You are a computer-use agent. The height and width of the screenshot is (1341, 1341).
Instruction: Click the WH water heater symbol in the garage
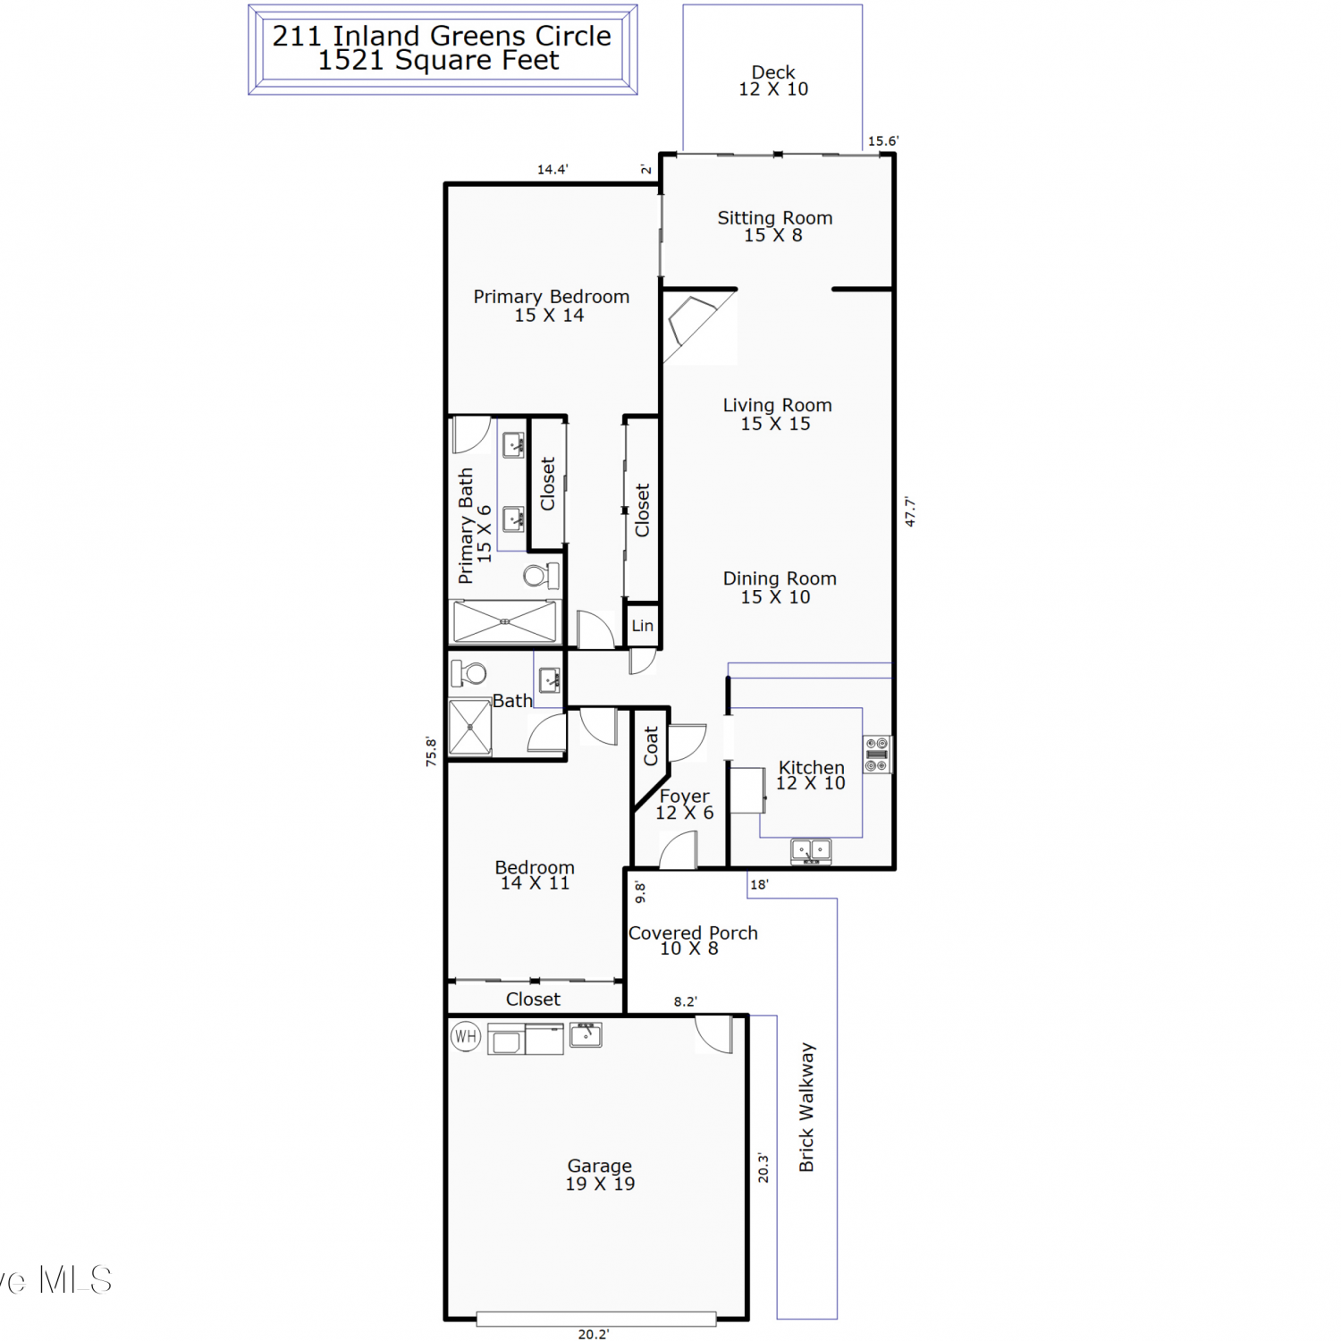tap(466, 1036)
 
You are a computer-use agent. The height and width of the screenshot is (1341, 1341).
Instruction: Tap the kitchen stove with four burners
tap(877, 755)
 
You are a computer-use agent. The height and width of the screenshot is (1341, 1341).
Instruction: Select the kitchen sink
tap(811, 851)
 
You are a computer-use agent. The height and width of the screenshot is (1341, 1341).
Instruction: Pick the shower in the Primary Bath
tap(505, 621)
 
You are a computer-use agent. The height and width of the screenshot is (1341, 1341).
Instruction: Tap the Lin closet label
tap(643, 626)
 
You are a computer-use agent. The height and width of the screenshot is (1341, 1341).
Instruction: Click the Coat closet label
tap(651, 746)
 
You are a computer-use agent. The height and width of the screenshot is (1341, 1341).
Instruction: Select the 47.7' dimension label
tap(910, 511)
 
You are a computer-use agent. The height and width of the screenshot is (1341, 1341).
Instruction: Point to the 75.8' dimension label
tap(431, 751)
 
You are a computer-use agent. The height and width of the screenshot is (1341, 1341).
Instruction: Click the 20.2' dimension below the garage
tap(594, 1334)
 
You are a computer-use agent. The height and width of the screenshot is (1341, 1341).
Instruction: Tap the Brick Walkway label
tap(806, 1107)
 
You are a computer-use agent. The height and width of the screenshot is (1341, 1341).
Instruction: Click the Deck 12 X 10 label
tap(773, 80)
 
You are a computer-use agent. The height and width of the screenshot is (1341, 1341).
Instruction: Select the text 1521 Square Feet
tap(438, 60)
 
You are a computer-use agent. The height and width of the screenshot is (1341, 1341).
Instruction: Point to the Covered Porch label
tap(693, 932)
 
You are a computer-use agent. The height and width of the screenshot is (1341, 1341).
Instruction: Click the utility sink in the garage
tap(586, 1035)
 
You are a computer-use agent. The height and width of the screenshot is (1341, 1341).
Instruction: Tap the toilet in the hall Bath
tap(468, 673)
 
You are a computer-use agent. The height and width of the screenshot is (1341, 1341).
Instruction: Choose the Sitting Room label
tap(775, 217)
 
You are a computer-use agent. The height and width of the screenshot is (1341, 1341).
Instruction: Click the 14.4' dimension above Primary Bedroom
tap(552, 169)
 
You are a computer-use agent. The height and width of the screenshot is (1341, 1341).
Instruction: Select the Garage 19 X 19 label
tap(600, 1175)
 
